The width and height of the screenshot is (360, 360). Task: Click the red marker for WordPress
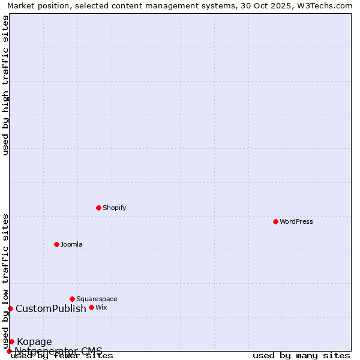[x=275, y=221]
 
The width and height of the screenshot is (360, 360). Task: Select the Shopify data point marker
[x=98, y=208]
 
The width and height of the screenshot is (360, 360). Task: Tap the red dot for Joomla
[x=56, y=244]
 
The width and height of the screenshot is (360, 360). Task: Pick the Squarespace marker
[x=72, y=299]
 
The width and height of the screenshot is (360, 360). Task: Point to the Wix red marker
[x=91, y=307]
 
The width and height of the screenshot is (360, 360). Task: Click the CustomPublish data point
[x=10, y=308]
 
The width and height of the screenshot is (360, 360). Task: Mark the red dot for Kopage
[x=11, y=341]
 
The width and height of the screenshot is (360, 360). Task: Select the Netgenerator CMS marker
[x=9, y=351]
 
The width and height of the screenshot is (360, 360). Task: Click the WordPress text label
[x=296, y=221]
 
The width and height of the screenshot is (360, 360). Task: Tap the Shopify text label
[x=114, y=208]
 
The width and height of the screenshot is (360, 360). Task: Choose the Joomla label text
[x=71, y=244]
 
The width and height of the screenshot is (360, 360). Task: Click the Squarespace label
[x=97, y=299]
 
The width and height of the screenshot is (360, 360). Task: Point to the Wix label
[x=101, y=307]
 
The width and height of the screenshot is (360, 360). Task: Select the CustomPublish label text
[x=51, y=309]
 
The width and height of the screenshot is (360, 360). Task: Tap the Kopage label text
[x=34, y=342]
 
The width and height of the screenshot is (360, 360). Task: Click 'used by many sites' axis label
[x=301, y=355]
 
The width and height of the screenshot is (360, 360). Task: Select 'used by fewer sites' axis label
[x=62, y=355]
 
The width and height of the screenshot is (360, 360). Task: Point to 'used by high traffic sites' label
[x=6, y=85]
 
